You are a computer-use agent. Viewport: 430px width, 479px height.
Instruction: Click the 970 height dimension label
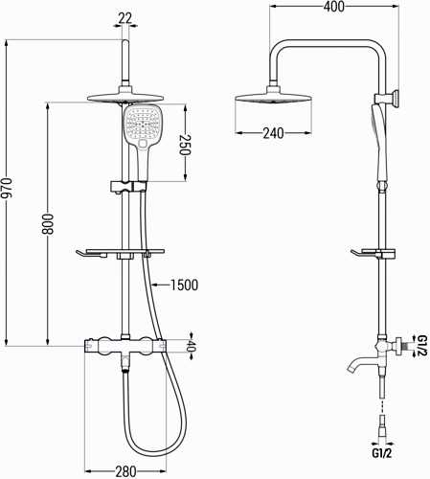8,193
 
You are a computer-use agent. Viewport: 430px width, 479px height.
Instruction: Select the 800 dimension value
48,224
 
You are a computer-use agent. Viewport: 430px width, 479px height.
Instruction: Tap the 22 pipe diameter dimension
124,18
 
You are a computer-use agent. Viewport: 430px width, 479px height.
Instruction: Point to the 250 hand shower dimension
185,145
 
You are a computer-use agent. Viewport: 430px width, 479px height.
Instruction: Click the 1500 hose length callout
184,285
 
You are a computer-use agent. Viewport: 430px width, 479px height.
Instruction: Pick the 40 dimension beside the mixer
191,346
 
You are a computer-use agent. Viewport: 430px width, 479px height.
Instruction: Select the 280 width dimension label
125,471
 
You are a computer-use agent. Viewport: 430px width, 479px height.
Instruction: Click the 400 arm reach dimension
334,7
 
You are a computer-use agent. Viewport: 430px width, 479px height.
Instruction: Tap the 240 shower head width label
273,133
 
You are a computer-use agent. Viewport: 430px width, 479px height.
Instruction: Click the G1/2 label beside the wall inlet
422,346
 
